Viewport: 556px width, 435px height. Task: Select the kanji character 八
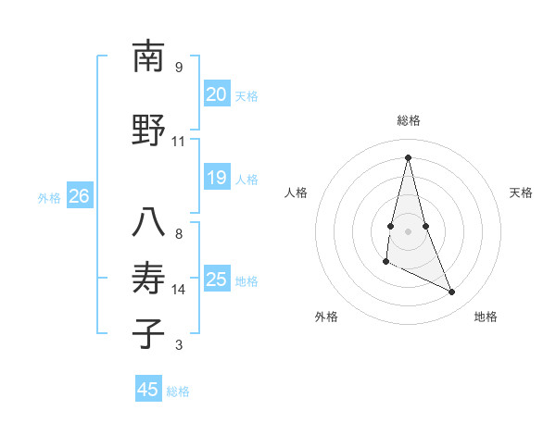(x=148, y=222)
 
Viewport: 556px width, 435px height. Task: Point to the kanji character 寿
(x=148, y=279)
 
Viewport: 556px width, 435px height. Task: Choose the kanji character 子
(x=148, y=333)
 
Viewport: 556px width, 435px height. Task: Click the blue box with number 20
(x=216, y=94)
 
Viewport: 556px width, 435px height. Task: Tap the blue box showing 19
(x=216, y=178)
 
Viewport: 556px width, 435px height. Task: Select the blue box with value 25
(x=216, y=280)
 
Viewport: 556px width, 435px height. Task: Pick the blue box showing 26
(x=79, y=196)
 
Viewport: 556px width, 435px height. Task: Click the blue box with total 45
(x=148, y=390)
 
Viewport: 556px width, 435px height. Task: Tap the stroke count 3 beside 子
(x=178, y=345)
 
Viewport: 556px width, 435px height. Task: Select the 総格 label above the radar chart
(x=409, y=121)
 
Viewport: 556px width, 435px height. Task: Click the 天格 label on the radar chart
(x=521, y=193)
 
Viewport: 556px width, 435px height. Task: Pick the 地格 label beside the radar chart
(x=486, y=317)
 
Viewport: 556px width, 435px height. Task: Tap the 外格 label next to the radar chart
(x=326, y=317)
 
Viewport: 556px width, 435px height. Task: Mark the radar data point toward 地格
(x=452, y=292)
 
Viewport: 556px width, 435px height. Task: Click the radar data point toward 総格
(x=408, y=157)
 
